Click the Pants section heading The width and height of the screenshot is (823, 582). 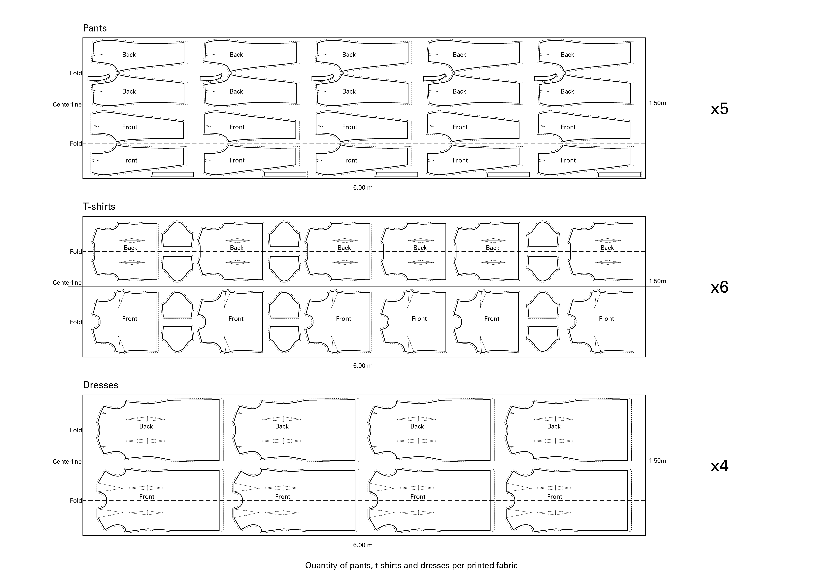95,28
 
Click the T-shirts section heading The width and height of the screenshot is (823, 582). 99,207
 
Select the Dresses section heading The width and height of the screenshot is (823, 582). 100,385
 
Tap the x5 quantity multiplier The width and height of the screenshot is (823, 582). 719,109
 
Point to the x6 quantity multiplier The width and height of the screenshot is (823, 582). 719,287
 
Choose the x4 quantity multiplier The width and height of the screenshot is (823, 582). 719,466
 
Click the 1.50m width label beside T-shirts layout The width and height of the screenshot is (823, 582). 657,281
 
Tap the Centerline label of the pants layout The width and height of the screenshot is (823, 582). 67,105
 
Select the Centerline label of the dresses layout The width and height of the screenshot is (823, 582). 67,462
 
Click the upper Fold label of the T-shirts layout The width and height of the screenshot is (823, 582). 76,252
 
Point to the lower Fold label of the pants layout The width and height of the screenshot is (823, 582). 76,144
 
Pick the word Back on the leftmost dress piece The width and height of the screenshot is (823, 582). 146,426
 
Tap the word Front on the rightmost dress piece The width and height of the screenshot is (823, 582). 554,497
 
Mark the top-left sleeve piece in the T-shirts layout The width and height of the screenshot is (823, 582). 177,235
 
